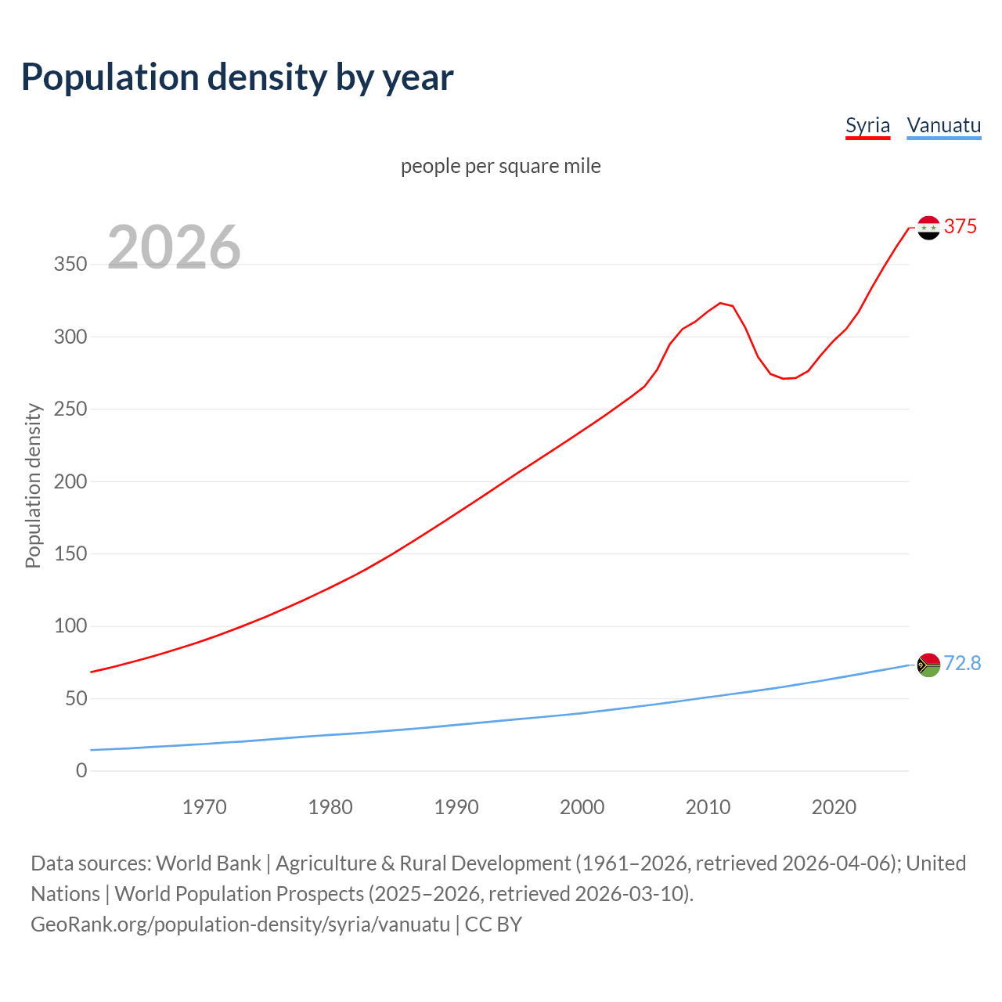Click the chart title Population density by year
(237, 77)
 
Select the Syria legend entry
(867, 125)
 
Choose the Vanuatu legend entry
(943, 125)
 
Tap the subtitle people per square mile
(500, 166)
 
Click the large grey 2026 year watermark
(174, 247)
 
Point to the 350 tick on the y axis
(70, 265)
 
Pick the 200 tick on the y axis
(70, 481)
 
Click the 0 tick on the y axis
(81, 770)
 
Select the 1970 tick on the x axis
(204, 807)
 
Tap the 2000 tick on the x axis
(582, 807)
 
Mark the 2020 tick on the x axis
(834, 807)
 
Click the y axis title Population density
(33, 485)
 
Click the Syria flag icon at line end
(928, 228)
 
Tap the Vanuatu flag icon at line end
(928, 665)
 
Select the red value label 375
(961, 226)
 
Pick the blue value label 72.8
(962, 663)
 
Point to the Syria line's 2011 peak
(720, 303)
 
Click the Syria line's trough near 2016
(784, 379)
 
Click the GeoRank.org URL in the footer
(240, 925)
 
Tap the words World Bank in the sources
(208, 863)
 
